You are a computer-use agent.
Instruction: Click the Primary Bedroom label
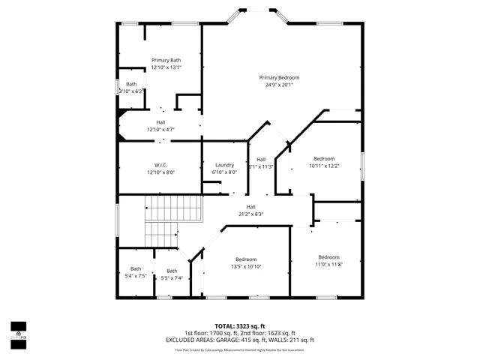click(279, 77)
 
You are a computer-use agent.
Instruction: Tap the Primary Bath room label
click(166, 60)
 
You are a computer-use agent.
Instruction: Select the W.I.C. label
click(160, 165)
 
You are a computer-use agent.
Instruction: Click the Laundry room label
click(225, 165)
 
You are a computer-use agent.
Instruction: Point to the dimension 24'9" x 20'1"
click(279, 85)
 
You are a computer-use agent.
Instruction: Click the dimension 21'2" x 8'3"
click(250, 214)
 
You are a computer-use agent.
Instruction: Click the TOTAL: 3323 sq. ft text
click(240, 326)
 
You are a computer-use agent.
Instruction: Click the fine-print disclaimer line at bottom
click(240, 349)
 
